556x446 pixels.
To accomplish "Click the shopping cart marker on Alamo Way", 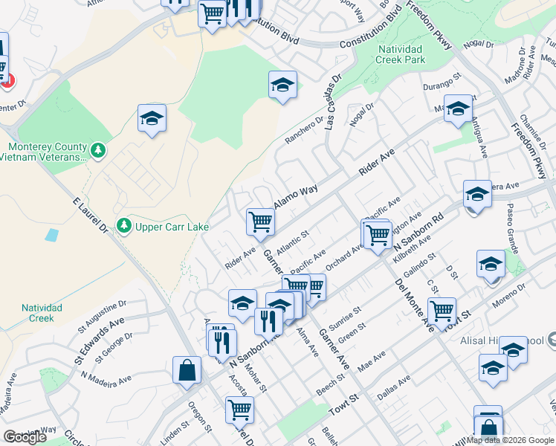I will pos(260,221).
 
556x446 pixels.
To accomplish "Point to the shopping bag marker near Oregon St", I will pos(187,369).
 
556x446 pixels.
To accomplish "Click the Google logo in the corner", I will pos(25,437).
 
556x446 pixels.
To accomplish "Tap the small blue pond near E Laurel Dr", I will pos(51,236).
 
